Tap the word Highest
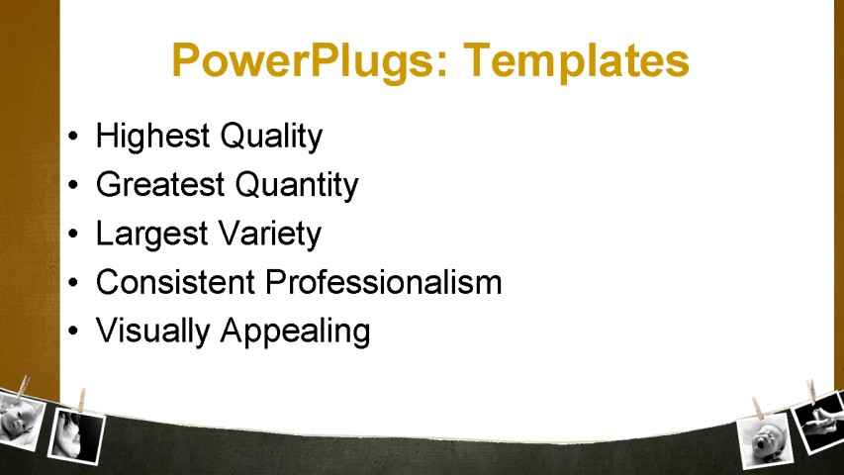(x=152, y=136)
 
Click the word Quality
(x=271, y=137)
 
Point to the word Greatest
(x=160, y=184)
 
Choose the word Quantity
(x=297, y=186)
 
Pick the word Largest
(x=151, y=235)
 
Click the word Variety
(x=271, y=235)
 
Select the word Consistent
(x=175, y=282)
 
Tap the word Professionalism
(x=383, y=282)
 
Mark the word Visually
(x=152, y=332)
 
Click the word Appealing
(x=295, y=332)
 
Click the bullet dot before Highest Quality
(x=73, y=136)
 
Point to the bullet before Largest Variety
(x=73, y=234)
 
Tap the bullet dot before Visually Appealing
(x=73, y=332)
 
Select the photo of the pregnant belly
(x=76, y=436)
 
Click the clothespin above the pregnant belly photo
(x=81, y=400)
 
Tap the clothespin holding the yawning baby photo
(x=759, y=409)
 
